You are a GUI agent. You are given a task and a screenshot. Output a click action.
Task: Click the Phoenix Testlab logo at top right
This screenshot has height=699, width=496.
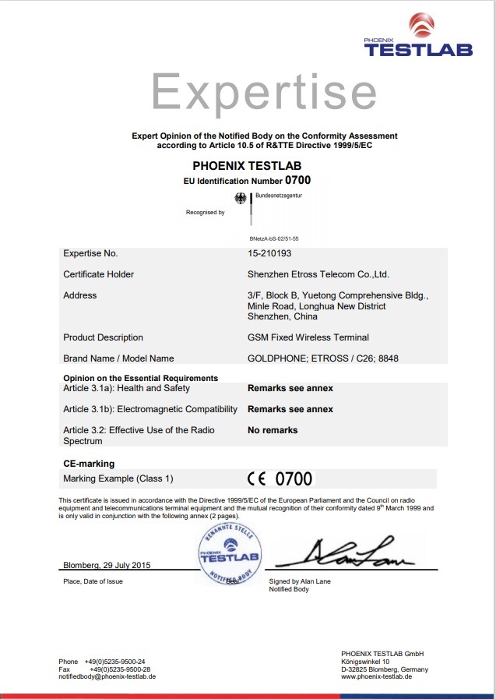(418, 37)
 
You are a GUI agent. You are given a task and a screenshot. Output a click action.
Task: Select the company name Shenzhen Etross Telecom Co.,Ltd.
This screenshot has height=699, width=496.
(318, 274)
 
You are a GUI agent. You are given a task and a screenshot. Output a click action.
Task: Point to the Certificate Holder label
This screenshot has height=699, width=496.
(98, 274)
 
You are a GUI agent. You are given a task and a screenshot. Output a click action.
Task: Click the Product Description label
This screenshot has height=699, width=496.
(103, 337)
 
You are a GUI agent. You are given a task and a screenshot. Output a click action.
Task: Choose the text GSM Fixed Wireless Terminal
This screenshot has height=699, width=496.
(308, 337)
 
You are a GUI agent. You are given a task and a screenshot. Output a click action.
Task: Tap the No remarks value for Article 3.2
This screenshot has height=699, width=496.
(273, 430)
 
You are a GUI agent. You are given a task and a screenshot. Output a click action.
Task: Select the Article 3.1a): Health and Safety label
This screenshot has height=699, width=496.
(126, 388)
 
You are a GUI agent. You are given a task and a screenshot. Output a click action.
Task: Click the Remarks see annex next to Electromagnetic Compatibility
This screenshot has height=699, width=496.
(290, 409)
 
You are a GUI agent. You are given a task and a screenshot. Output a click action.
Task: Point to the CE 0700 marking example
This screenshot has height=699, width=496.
(280, 478)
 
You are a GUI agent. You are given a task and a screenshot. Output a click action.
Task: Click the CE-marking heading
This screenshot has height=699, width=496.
(89, 464)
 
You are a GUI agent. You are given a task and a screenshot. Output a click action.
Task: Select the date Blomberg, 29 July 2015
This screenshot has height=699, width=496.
(107, 564)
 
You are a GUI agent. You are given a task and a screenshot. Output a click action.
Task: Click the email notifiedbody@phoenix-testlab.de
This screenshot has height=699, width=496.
(107, 676)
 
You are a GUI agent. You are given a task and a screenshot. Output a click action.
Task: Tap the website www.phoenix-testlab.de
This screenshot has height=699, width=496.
(376, 676)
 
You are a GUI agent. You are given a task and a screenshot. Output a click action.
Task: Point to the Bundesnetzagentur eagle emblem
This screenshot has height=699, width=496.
(241, 199)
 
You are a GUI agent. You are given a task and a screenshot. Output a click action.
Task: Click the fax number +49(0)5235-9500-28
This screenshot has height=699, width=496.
(120, 669)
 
